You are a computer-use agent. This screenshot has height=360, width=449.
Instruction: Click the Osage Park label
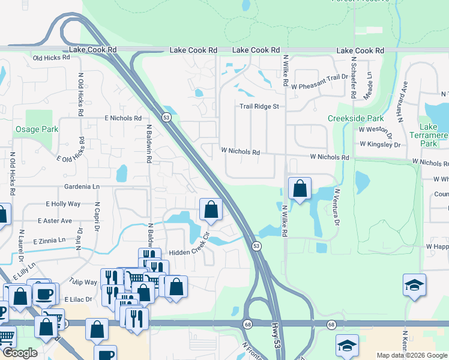pos(37,129)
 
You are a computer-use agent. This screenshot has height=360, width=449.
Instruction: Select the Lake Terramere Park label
pos(433,135)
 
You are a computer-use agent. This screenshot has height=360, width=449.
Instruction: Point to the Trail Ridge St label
pos(260,106)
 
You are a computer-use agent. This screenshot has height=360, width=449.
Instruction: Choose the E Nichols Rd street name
pos(122,119)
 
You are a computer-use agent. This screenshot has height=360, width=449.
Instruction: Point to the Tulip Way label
pos(83,282)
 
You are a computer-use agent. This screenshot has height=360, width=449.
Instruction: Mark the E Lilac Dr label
pos(77,299)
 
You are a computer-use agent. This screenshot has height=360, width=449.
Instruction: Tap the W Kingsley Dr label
pos(380,145)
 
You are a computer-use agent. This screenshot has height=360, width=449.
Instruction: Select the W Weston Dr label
pos(375,129)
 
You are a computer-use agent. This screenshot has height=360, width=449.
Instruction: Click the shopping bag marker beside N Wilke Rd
pos(300,188)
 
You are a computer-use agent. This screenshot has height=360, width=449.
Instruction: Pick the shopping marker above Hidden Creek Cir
pos(211,210)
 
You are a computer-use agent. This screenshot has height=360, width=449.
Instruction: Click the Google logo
pos(20,353)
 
